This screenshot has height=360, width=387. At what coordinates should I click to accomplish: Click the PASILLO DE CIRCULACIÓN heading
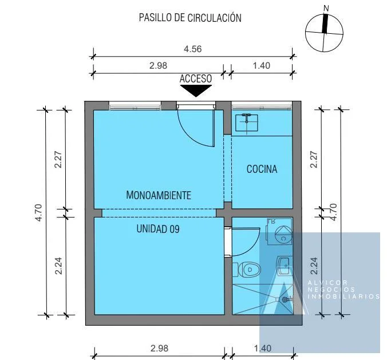click(190, 18)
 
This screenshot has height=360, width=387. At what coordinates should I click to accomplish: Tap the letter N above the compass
click(326, 9)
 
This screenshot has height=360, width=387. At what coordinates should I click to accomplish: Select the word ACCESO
click(196, 79)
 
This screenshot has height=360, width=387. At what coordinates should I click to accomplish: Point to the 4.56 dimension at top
click(192, 49)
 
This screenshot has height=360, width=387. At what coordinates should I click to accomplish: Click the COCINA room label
click(262, 169)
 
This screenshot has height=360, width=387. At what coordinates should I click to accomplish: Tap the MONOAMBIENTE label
click(159, 195)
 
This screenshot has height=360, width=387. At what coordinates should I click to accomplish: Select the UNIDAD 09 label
click(158, 229)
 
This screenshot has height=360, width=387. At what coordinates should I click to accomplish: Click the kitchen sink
click(247, 122)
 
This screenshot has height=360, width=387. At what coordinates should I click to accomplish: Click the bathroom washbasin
click(284, 266)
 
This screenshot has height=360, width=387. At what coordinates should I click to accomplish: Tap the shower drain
click(285, 299)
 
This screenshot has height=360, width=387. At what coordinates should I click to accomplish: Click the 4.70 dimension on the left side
click(40, 212)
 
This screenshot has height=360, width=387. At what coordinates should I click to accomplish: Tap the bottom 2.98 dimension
click(159, 348)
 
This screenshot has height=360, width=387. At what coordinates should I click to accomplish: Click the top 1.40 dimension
click(262, 66)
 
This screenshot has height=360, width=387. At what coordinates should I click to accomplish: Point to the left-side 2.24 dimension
click(59, 266)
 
